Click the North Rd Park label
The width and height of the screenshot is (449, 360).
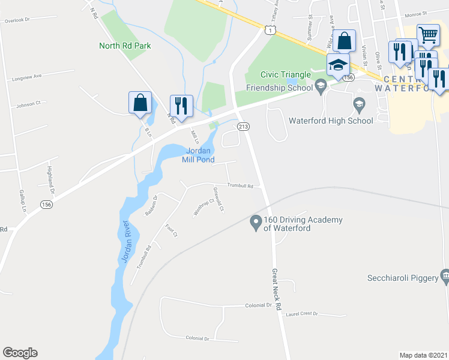coord(125,46)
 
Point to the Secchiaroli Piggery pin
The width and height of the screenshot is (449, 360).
coord(445,277)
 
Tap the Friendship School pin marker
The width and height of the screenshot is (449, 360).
coord(321,87)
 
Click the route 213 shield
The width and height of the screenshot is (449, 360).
coord(243,127)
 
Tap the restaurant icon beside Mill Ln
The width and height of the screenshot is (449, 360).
coord(181,106)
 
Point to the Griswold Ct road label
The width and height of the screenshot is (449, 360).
coord(218,200)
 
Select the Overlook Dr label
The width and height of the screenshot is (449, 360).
coord(16,20)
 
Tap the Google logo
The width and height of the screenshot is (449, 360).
coord(20,353)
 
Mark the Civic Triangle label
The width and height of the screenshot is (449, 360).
coord(285,74)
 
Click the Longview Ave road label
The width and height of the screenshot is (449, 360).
coord(29,76)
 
